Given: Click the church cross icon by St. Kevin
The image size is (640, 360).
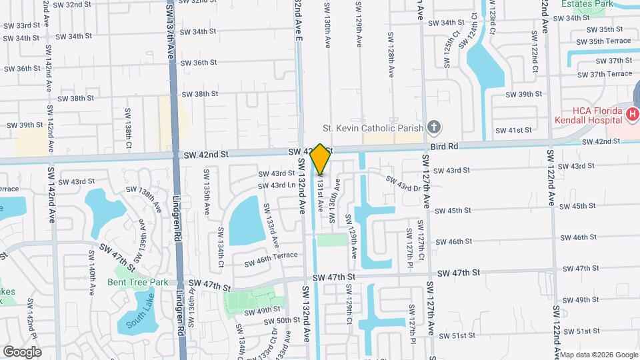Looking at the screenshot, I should [x=434, y=127].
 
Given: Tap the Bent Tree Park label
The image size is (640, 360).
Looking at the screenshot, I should [x=138, y=282].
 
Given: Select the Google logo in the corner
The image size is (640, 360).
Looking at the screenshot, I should [x=22, y=352].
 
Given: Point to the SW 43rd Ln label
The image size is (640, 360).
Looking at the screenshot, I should [x=277, y=185].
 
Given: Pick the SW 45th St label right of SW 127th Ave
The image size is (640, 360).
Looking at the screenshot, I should [x=453, y=210].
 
